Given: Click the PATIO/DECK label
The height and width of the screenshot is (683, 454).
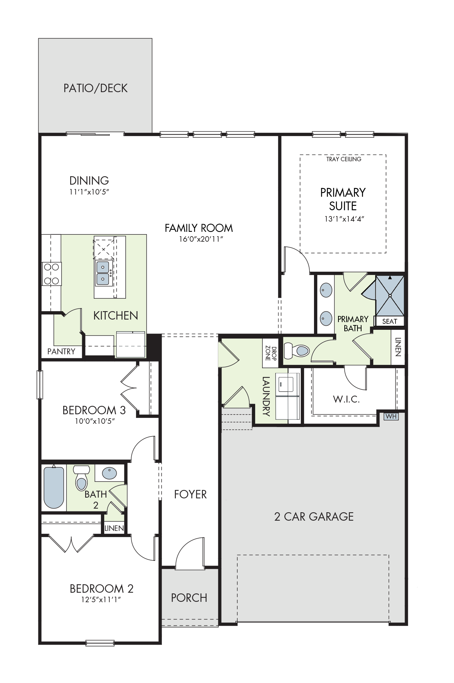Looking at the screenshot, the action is pos(95,88).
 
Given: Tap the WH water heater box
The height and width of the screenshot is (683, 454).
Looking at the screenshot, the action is pos(391,416).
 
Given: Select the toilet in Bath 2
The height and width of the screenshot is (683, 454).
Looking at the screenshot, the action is pos(81,478).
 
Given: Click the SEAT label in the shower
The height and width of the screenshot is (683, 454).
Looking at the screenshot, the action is pos(390,321).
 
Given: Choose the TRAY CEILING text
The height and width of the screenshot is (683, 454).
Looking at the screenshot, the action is pos(344,159).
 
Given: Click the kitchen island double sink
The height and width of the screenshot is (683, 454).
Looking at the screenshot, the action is pos(103,273).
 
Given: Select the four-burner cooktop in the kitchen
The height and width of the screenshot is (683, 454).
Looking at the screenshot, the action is pos(52,274).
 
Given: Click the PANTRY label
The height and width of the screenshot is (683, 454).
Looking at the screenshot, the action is pos(61,351).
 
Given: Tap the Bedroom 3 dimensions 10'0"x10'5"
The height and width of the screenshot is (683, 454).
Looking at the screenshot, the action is pos(95,421).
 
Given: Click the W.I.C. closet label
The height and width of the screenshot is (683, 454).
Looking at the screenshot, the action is pos(346,399).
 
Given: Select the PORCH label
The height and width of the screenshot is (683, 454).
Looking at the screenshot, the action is pos(189,598).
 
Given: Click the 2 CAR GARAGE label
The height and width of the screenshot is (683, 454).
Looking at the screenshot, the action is pos(314,517).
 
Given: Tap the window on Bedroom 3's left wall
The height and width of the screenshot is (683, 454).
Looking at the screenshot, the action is pos(40,385).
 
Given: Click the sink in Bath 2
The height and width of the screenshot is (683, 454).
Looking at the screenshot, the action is pos(109,473).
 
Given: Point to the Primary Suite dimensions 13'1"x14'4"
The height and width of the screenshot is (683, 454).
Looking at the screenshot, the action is pos(344,219).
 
